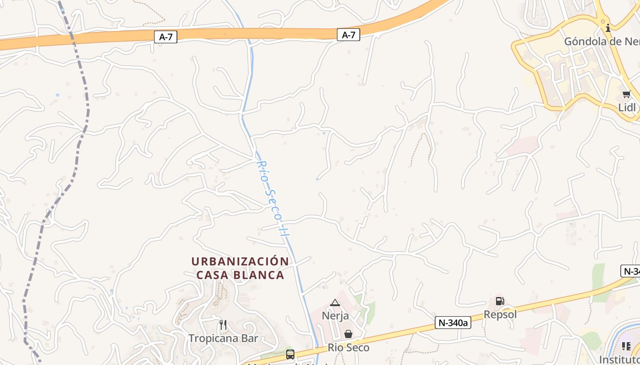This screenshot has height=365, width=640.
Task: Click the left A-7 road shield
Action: click(166, 37)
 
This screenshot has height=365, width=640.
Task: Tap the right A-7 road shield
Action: click(348, 35)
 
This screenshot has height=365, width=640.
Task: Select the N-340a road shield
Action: click(453, 323)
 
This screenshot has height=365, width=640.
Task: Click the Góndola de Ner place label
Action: click(602, 42)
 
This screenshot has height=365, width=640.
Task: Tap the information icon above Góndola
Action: click(608, 28)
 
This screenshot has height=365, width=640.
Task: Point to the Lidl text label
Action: click(627, 108)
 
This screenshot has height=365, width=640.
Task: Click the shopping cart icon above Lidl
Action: click(626, 94)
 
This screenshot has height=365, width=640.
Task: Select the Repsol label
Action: click(500, 314)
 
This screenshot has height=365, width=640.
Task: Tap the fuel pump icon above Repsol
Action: click(500, 301)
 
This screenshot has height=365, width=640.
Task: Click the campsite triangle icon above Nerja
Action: click(335, 302)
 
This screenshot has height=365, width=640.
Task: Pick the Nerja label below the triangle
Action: click(335, 316)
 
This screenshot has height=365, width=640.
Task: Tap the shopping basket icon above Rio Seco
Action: click(348, 334)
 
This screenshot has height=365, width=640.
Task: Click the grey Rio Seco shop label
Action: click(348, 348)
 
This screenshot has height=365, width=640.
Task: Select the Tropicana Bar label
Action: click(224, 339)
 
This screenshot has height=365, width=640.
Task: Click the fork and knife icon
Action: click(223, 325)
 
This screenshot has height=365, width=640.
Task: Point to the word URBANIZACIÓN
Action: click(240, 261)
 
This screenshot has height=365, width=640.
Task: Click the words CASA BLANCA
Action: click(240, 275)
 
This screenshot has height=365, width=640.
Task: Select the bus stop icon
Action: click(290, 354)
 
